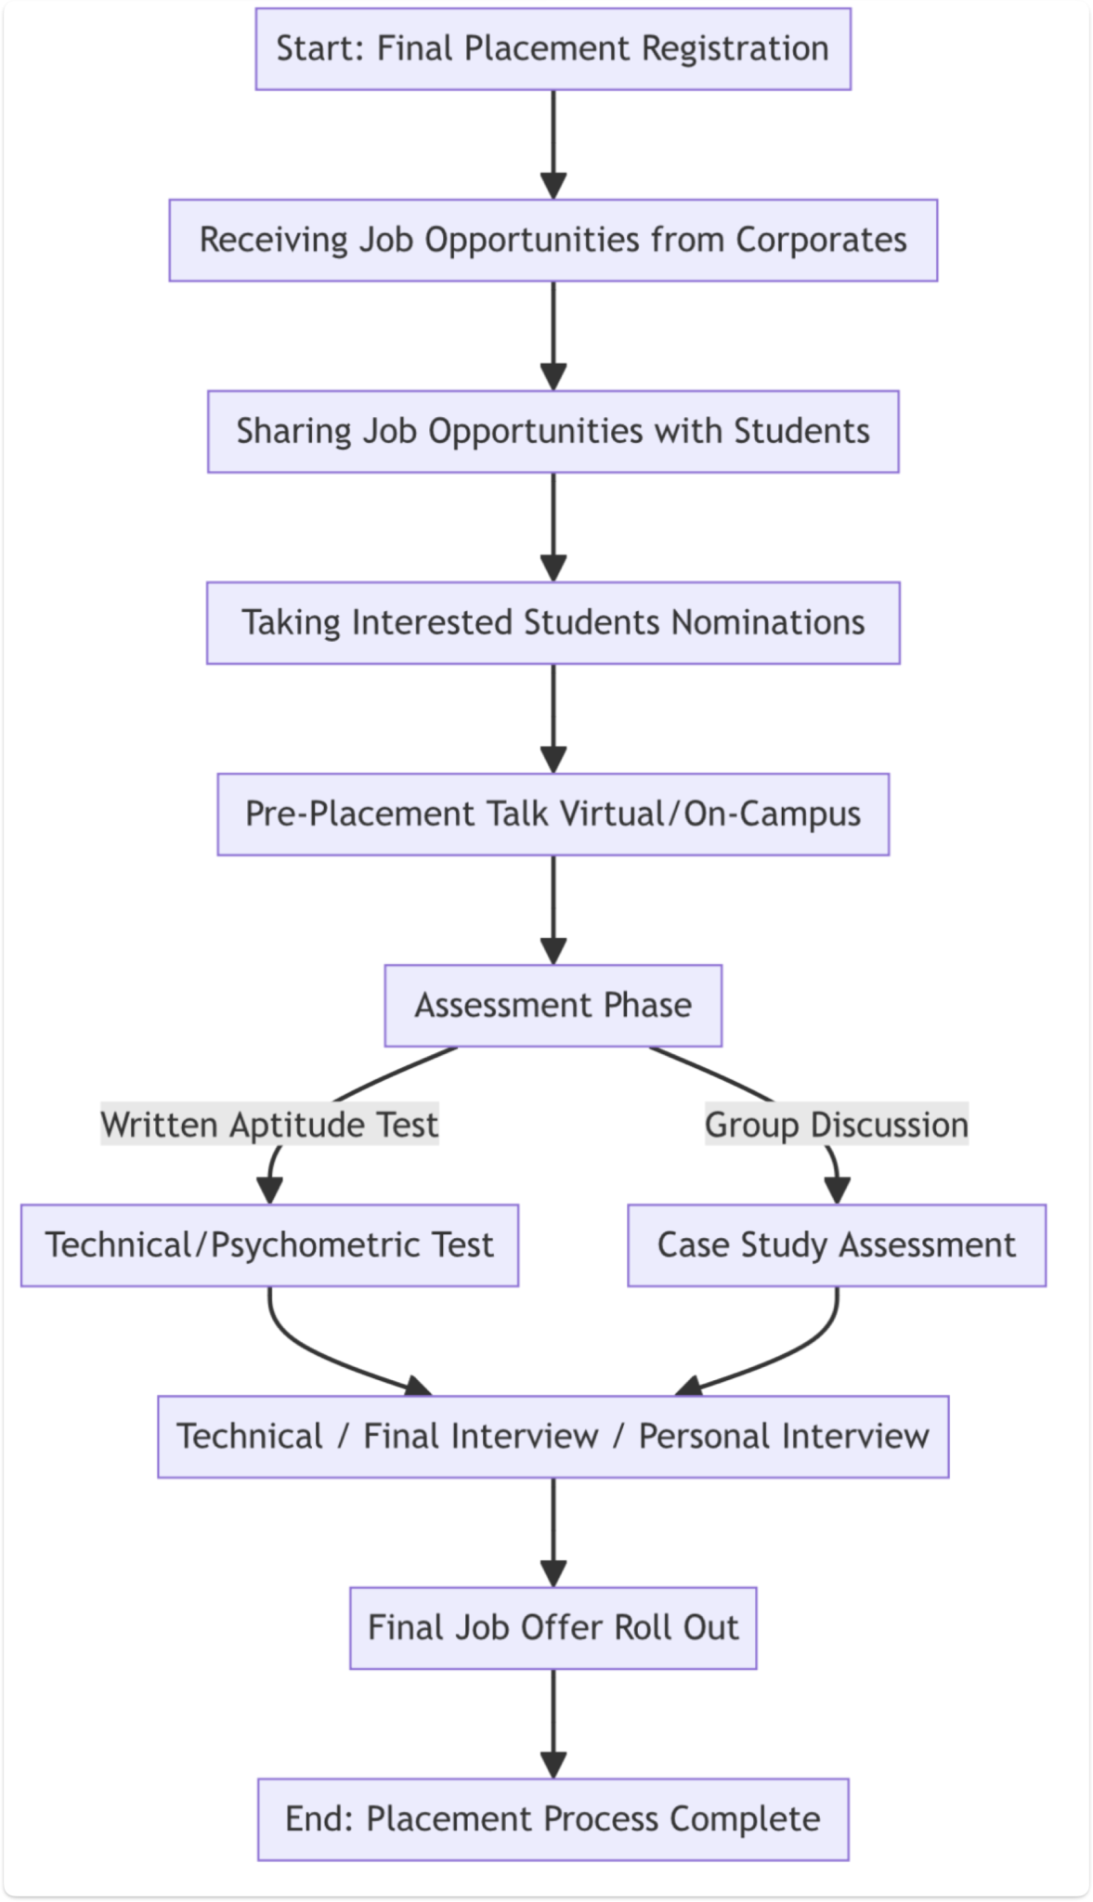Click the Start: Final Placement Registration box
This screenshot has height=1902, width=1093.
tap(553, 49)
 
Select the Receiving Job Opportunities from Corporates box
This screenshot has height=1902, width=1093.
tap(553, 241)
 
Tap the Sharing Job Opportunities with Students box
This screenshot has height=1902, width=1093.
tap(553, 432)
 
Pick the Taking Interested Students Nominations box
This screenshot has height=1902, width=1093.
tap(553, 623)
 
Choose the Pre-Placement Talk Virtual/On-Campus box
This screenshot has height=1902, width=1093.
tap(553, 814)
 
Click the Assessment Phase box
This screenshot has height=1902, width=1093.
tap(553, 1006)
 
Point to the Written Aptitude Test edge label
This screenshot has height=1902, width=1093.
tap(269, 1125)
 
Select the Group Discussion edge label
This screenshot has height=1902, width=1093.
tap(837, 1125)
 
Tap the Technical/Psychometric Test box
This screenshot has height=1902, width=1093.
tap(269, 1245)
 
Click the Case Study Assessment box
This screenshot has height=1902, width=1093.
tap(837, 1245)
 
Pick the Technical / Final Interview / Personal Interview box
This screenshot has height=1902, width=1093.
tap(553, 1437)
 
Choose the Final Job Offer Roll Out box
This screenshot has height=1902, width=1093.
tap(553, 1628)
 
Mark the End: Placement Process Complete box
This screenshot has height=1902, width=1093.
tap(553, 1819)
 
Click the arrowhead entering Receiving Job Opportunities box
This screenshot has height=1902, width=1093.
tap(553, 187)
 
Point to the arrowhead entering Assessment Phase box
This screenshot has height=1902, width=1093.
tap(553, 952)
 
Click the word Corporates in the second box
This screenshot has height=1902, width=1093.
tap(821, 241)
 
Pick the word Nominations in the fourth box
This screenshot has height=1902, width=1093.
tap(768, 623)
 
